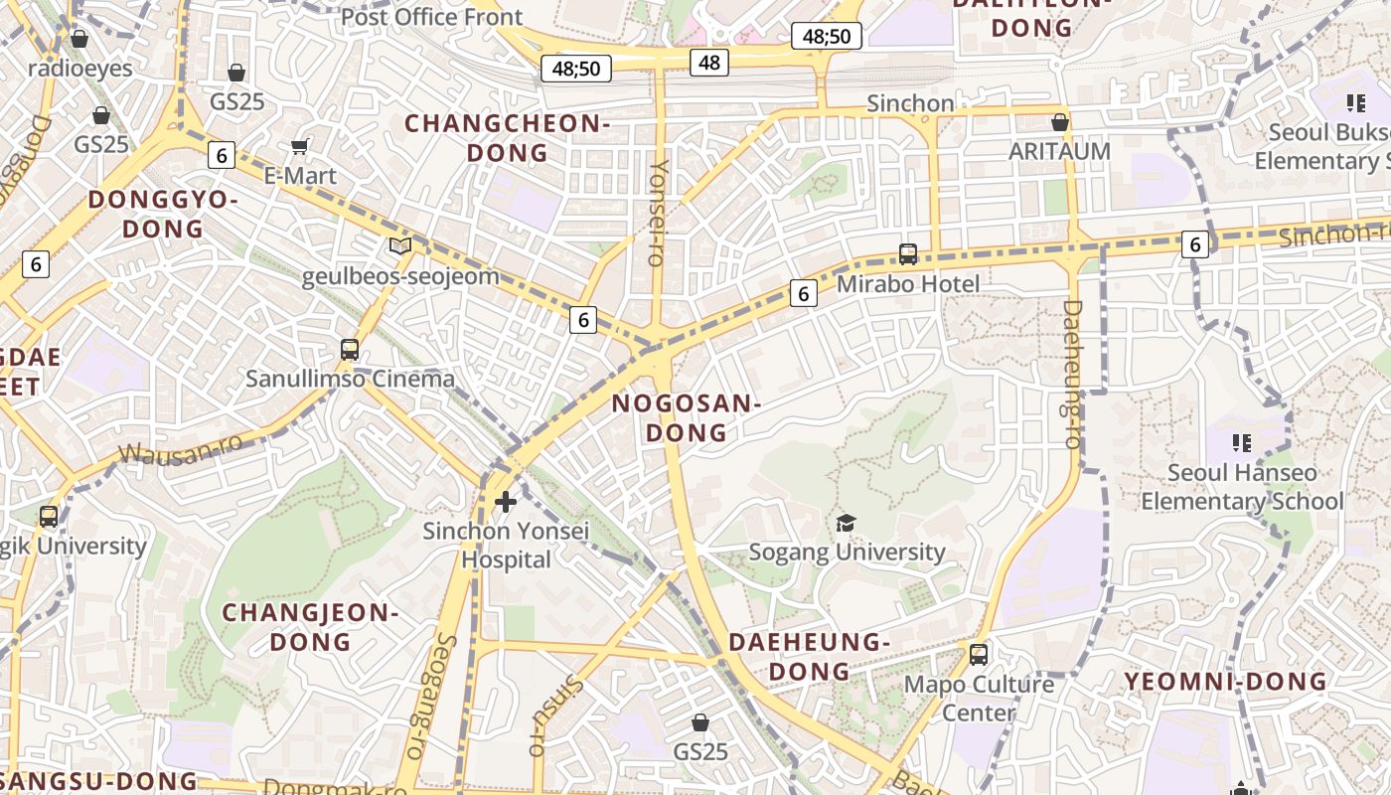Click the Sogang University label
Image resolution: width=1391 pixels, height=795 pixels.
[x=847, y=552]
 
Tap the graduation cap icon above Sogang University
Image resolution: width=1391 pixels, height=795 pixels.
[x=846, y=523]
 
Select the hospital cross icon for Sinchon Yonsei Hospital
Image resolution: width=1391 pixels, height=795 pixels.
[x=506, y=502]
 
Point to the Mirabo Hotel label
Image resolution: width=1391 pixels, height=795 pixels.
[x=908, y=284]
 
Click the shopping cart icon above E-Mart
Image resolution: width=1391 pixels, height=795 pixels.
[x=299, y=147]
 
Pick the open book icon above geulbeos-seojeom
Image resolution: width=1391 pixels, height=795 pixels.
[x=399, y=245]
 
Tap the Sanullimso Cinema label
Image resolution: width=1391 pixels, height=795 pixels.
[x=350, y=379]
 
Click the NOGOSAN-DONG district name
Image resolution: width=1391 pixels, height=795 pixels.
[x=686, y=418]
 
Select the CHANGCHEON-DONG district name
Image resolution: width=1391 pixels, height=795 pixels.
[x=507, y=138]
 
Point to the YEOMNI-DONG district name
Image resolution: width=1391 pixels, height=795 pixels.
[x=1225, y=682]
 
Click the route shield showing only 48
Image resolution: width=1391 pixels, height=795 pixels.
[x=709, y=63]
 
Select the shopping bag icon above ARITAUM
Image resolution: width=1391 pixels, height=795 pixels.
[x=1060, y=122]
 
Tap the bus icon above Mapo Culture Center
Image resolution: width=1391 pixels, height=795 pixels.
[x=979, y=655]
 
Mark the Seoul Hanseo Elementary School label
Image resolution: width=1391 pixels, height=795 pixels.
[x=1242, y=487]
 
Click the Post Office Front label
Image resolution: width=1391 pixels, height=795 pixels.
[x=431, y=17]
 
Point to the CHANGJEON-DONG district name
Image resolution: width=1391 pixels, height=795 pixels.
[x=310, y=627]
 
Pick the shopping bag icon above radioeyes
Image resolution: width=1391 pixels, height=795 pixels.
[x=79, y=39]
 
